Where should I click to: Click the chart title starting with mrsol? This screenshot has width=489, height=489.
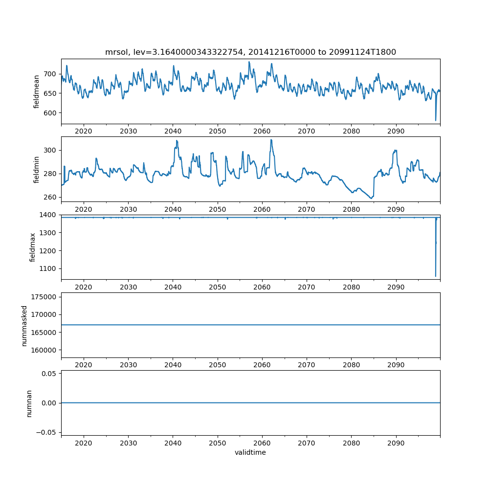point(250,52)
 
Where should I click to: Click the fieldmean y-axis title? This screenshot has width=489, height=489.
point(36,91)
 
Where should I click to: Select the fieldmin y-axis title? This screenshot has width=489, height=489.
point(36,169)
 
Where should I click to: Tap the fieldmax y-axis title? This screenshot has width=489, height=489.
point(33,247)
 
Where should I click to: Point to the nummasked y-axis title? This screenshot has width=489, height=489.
point(24,326)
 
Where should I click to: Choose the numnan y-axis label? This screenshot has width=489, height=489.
point(29,403)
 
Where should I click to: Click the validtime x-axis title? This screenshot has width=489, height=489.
point(250,452)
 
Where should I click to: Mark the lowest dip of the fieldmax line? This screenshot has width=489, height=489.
point(436,276)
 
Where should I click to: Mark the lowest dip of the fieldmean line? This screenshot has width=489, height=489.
point(436,120)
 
